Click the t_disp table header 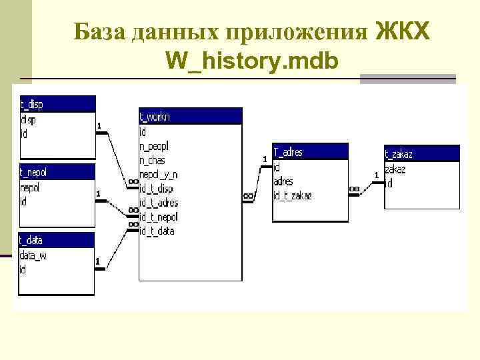(57, 103)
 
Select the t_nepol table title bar (57, 172)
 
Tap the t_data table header (57, 240)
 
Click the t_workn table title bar (190, 116)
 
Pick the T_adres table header (310, 152)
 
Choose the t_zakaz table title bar (422, 154)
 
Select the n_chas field (153, 160)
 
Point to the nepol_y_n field (159, 175)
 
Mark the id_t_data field (157, 231)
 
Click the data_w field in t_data (33, 255)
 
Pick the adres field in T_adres (283, 181)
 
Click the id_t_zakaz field (293, 195)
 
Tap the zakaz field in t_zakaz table (395, 169)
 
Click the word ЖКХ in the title (404, 31)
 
